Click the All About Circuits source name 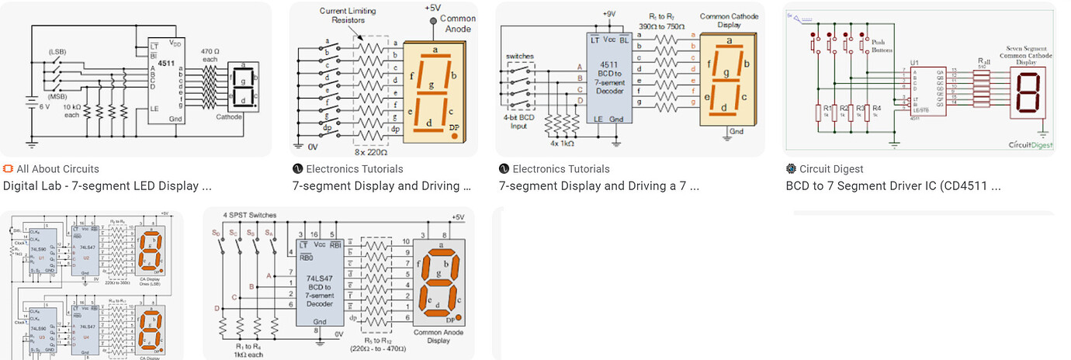[57, 169]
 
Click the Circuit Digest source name [831, 169]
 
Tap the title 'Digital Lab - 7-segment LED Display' [107, 186]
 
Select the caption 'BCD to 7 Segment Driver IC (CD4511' [893, 186]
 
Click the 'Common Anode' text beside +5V [458, 23]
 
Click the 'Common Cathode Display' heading [730, 21]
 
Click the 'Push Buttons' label [879, 45]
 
